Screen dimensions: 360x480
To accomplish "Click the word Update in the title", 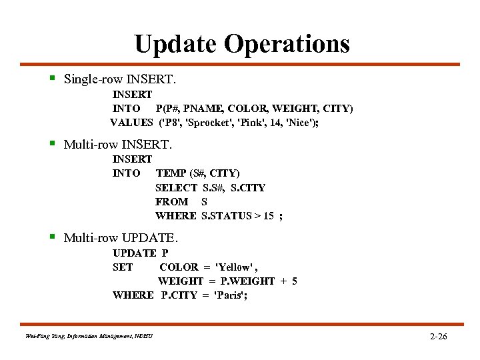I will pos(176,44).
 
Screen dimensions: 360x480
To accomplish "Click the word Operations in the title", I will pos(287,44).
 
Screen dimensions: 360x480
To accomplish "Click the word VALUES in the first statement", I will pos(131,122).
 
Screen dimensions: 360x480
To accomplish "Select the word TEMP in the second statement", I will pos(171,173).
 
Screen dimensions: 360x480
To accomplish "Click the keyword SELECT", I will pos(176,187).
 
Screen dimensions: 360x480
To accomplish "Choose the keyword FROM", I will pos(171,201).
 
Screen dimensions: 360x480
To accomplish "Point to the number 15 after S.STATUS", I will pos(267,215).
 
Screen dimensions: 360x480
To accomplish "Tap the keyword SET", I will pos(123,267).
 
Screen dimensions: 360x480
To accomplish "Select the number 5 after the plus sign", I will pos(294,281).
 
